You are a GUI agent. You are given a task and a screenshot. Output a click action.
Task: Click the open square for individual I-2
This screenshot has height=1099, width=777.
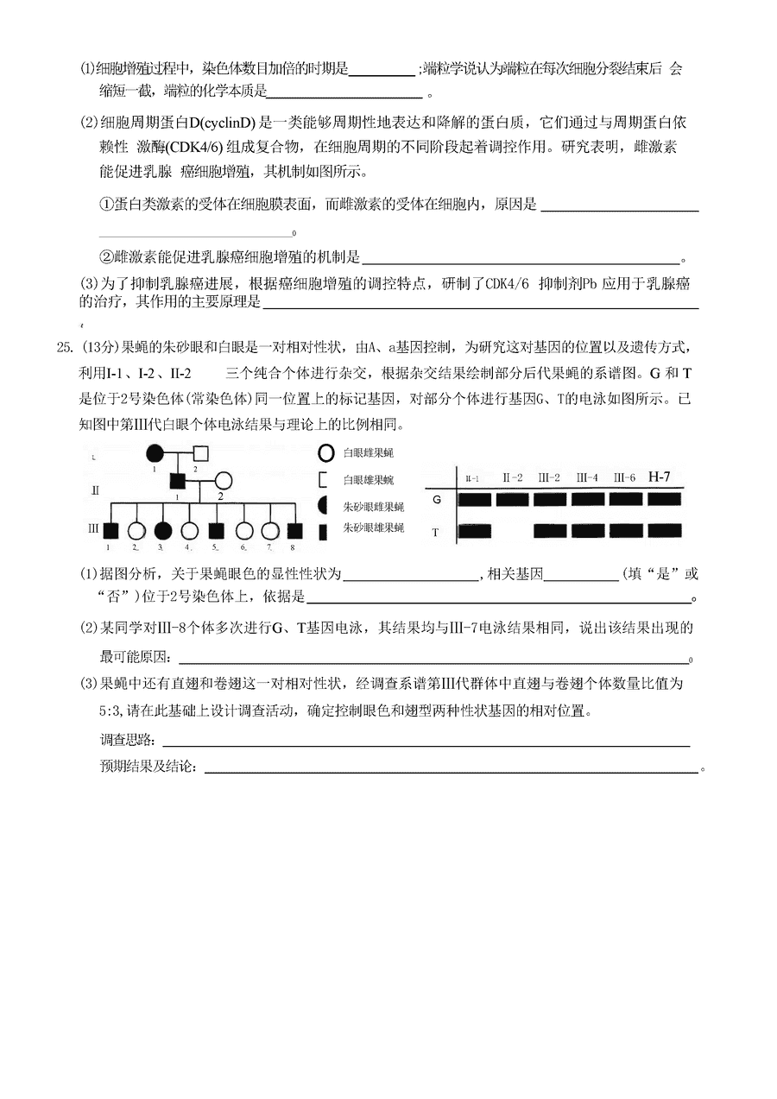point(200,452)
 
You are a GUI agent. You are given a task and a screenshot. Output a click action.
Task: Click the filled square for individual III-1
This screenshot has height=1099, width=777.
point(110,531)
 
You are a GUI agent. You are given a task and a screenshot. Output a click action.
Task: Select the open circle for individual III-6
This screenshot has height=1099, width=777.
point(245,531)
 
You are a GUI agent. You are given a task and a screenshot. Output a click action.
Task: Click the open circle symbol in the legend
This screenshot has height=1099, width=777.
point(325,452)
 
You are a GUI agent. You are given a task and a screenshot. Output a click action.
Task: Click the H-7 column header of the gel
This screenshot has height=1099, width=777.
point(659,477)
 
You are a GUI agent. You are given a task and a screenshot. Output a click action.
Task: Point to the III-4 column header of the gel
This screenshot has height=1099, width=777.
point(588,477)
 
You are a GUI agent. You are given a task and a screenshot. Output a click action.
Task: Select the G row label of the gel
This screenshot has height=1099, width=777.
point(437,499)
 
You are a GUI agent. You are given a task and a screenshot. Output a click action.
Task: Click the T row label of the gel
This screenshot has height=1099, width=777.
point(436,533)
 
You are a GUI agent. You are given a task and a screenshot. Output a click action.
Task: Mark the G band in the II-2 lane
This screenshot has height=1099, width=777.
point(512,499)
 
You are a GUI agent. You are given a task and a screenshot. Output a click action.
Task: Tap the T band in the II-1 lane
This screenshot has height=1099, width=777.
point(475,531)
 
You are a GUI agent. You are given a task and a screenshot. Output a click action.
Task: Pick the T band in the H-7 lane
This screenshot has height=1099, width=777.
point(663,530)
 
